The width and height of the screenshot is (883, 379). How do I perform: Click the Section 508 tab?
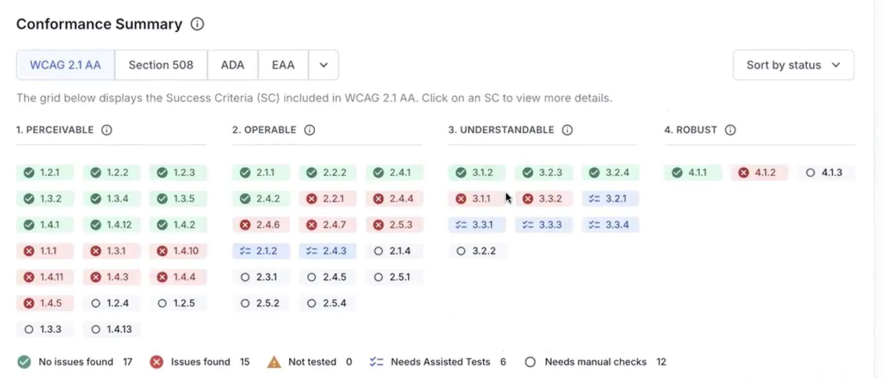(160, 65)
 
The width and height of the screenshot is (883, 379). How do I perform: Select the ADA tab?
(232, 65)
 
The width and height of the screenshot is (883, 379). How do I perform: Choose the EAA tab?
(283, 65)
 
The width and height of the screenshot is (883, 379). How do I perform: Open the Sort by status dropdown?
(793, 65)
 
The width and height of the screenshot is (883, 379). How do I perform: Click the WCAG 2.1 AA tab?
(66, 65)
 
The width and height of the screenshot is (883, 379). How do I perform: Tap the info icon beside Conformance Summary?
(197, 24)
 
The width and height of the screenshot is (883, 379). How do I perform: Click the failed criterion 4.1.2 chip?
(759, 172)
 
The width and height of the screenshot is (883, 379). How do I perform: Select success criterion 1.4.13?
(112, 329)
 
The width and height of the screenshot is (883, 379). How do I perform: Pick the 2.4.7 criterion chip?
(327, 225)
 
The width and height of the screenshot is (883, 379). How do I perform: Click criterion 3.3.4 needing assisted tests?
(610, 225)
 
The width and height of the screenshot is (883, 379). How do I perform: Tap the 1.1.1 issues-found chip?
(44, 251)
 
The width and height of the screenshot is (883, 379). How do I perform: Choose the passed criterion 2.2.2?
(327, 172)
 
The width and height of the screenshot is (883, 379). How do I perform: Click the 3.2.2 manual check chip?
(477, 251)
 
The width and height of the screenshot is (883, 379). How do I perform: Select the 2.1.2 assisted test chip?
(261, 251)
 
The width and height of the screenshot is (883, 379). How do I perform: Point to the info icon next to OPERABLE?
(309, 130)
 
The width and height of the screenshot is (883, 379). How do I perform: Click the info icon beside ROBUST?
(730, 130)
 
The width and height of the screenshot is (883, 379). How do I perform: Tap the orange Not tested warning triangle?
(274, 362)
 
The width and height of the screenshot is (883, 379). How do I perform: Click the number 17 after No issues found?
(127, 362)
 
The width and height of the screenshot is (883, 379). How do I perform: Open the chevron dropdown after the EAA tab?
(323, 65)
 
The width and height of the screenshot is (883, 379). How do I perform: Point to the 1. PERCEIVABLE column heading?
(55, 130)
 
